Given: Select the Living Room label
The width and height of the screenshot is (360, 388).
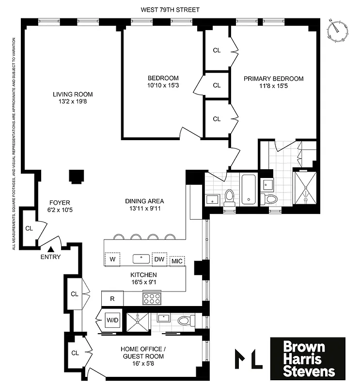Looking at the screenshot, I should tap(73, 94).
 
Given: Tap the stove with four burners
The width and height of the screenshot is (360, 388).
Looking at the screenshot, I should tap(152, 298).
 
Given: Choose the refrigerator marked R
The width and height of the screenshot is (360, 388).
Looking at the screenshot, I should tap(112, 298).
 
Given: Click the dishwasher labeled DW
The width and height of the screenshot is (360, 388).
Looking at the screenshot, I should tap(159, 259).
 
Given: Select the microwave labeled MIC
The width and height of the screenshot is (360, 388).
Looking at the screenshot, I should tap(177, 261).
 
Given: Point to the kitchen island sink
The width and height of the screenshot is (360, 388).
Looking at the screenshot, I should tap(141, 258).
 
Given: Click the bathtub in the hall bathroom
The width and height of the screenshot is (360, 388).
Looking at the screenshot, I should tap(249, 188).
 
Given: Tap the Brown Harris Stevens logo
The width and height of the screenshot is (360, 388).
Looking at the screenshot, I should tap(308, 359).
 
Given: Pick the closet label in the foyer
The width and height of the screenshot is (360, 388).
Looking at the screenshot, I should tap(29, 228).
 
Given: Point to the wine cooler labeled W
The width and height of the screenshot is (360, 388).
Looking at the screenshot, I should tap(113, 259).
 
